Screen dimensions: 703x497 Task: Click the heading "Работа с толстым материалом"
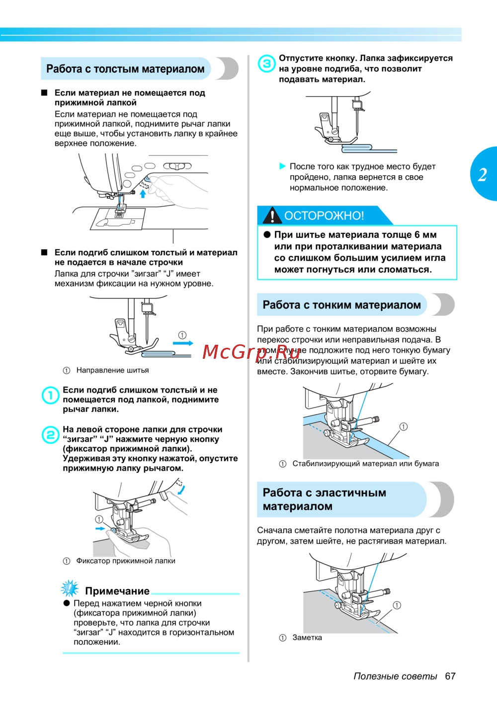(x=125, y=69)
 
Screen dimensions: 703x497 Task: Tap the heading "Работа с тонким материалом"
(x=341, y=305)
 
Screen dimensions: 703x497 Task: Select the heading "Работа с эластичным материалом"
(x=324, y=499)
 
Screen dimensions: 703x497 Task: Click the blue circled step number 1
(x=50, y=396)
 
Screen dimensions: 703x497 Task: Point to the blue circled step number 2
(x=50, y=434)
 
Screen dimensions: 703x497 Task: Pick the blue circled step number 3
(x=267, y=64)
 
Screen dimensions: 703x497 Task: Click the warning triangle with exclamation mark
(x=272, y=215)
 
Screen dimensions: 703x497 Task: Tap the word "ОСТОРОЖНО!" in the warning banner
(x=324, y=215)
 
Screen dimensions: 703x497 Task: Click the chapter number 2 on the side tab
(x=483, y=175)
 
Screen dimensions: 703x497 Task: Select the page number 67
(x=450, y=676)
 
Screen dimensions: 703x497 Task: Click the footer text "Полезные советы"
(x=395, y=676)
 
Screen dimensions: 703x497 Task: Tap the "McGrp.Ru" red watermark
(x=251, y=352)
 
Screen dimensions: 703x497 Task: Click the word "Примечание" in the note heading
(x=117, y=591)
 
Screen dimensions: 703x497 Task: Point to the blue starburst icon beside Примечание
(x=70, y=589)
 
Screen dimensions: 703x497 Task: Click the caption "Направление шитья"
(x=112, y=370)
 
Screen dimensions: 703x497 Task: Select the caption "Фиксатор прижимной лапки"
(x=125, y=561)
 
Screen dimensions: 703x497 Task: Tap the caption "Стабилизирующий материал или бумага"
(x=365, y=464)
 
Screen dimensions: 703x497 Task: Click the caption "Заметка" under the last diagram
(x=307, y=637)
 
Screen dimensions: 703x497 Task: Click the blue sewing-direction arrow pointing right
(x=183, y=343)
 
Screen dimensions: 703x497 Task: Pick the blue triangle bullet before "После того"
(x=283, y=166)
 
